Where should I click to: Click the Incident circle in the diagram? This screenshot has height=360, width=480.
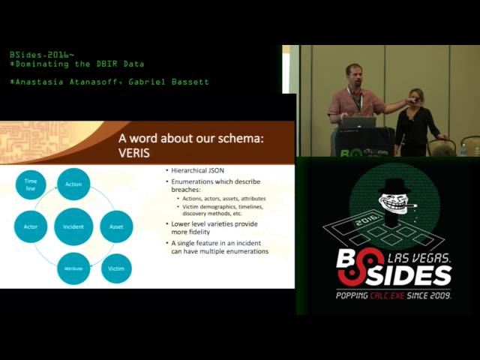73,226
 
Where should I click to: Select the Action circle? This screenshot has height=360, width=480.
73,184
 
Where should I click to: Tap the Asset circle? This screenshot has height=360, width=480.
116,226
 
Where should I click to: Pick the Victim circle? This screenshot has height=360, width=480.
116,268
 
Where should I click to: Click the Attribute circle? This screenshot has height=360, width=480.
73,268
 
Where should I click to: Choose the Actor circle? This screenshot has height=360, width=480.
31,226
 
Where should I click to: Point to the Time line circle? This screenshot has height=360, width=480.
31,184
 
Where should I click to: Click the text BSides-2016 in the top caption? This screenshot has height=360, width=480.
42,55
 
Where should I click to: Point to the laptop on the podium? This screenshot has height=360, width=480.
358,121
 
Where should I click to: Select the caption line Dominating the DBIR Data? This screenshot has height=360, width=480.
79,64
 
